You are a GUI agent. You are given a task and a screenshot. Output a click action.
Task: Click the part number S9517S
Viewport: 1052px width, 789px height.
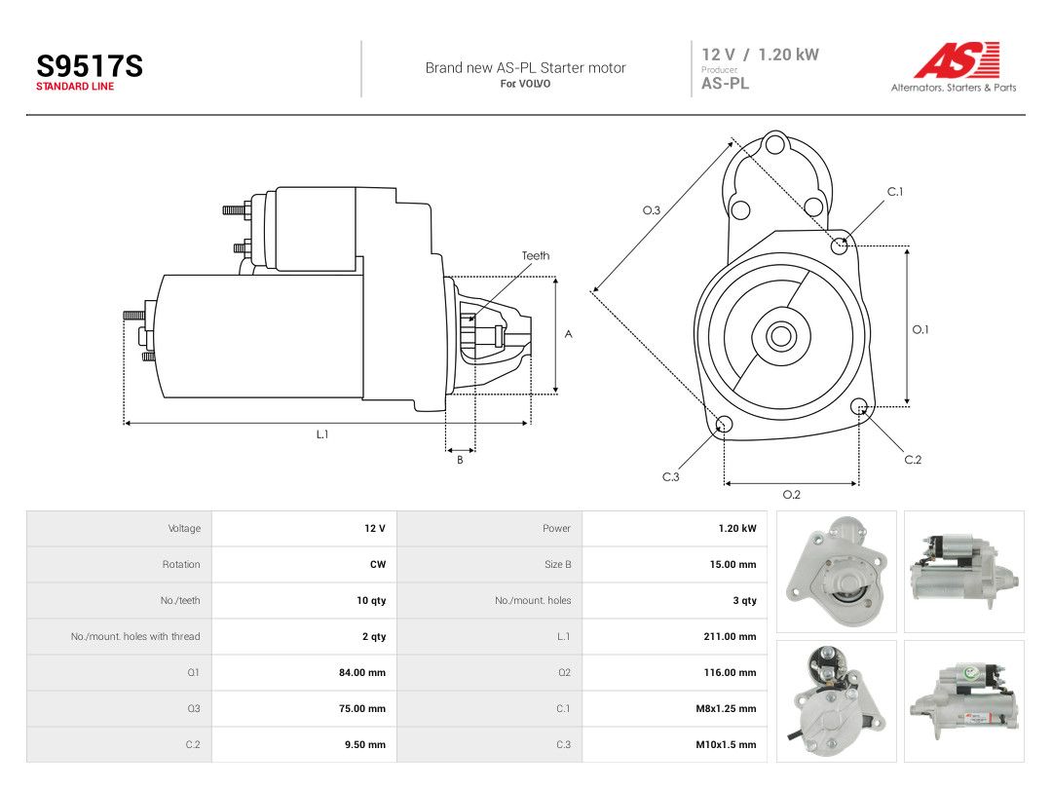coord(90,66)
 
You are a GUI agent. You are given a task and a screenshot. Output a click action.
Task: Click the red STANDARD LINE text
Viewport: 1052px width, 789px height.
coord(75,87)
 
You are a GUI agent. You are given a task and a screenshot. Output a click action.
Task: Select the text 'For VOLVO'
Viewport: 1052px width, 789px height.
coord(525,84)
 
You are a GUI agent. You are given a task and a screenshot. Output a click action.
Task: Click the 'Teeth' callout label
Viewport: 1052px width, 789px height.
coord(536,255)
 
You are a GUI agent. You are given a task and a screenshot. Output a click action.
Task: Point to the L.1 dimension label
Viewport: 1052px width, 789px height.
coord(322,434)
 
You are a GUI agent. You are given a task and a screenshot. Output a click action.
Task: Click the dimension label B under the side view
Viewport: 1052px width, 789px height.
coord(460,460)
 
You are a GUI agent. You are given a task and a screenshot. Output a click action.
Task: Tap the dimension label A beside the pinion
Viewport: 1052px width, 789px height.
coord(568,334)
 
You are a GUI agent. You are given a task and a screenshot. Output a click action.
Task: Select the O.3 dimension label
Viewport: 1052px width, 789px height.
coord(652,210)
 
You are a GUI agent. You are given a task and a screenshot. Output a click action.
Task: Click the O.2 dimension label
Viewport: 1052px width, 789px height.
coord(792,495)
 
